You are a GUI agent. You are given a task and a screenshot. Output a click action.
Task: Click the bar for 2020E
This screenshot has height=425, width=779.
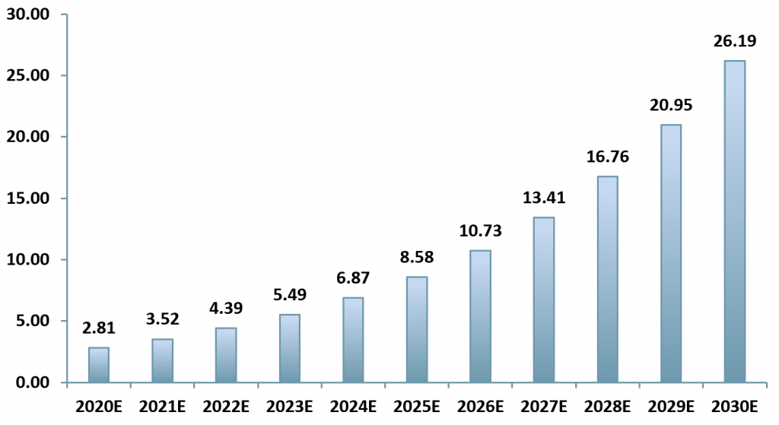tap(99, 365)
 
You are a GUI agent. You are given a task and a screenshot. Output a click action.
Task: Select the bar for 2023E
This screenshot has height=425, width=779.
tap(290, 348)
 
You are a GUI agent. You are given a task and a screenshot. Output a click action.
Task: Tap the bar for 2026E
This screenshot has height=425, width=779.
tap(480, 316)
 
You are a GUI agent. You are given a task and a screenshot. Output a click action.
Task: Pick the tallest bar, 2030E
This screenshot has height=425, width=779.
tap(734, 221)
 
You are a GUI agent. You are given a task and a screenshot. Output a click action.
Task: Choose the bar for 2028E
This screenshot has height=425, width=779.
tap(607, 279)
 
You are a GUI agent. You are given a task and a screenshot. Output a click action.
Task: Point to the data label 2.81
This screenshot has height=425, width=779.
tap(99, 328)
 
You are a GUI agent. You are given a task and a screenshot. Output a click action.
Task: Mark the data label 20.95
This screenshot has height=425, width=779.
tap(670, 106)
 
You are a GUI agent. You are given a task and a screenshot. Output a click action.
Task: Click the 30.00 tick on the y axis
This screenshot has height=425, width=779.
tap(27, 14)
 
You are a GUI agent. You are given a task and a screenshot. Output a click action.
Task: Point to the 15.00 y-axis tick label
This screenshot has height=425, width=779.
tap(27, 198)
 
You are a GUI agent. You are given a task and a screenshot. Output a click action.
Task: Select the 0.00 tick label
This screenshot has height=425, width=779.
tap(31, 382)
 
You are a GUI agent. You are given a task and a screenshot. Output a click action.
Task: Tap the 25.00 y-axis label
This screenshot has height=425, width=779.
tap(27, 76)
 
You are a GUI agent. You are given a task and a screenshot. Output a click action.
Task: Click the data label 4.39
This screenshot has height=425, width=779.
tap(226, 309)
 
